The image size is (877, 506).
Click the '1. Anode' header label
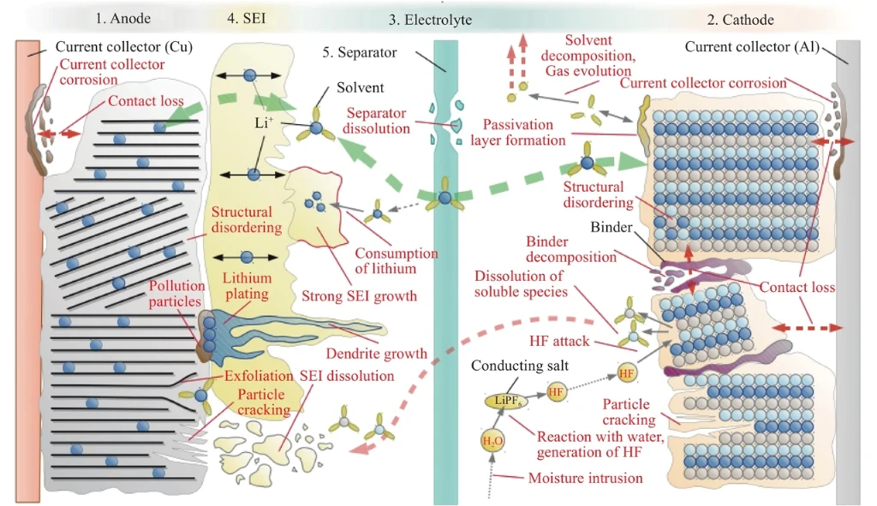tap(123, 19)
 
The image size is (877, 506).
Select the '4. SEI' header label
tap(246, 19)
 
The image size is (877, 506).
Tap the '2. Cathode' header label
tap(740, 20)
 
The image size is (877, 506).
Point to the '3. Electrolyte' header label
tap(430, 20)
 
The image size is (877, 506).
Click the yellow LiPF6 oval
tap(507, 401)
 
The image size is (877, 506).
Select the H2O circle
tap(492, 441)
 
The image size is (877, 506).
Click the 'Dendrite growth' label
tap(377, 354)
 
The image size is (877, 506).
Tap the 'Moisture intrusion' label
tap(585, 478)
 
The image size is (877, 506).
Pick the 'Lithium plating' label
tap(247, 286)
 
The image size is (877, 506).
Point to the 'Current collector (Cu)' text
tap(124, 46)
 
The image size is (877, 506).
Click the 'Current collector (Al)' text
tap(752, 46)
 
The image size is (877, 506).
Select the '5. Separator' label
tap(359, 52)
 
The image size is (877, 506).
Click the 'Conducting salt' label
tap(520, 366)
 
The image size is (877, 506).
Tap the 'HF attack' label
tap(559, 341)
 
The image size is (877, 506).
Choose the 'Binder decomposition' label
tap(571, 249)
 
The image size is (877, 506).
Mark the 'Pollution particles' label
tap(176, 294)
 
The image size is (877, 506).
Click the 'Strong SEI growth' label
tap(359, 295)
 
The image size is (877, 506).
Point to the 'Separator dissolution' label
tap(377, 121)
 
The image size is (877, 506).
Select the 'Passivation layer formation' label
tap(518, 133)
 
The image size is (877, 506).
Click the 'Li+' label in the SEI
tap(264, 122)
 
